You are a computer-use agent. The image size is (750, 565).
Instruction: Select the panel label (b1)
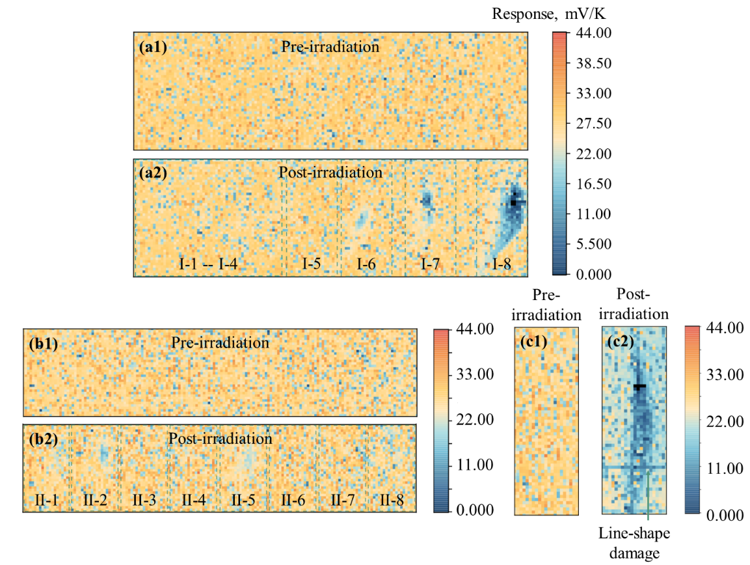tap(43, 343)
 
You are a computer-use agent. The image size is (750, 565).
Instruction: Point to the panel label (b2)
tap(43, 438)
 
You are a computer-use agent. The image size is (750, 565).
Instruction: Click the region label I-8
tap(501, 264)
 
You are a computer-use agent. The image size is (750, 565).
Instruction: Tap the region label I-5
tap(312, 264)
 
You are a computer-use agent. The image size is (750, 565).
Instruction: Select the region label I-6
tap(367, 264)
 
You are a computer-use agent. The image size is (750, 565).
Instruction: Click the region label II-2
tap(95, 501)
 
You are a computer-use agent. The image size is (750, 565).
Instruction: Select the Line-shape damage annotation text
tap(634, 543)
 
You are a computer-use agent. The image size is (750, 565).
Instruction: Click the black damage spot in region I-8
tap(515, 202)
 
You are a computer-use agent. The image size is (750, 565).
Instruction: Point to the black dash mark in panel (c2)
tap(640, 387)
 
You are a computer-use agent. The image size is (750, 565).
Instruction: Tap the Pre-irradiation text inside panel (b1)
tap(220, 342)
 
